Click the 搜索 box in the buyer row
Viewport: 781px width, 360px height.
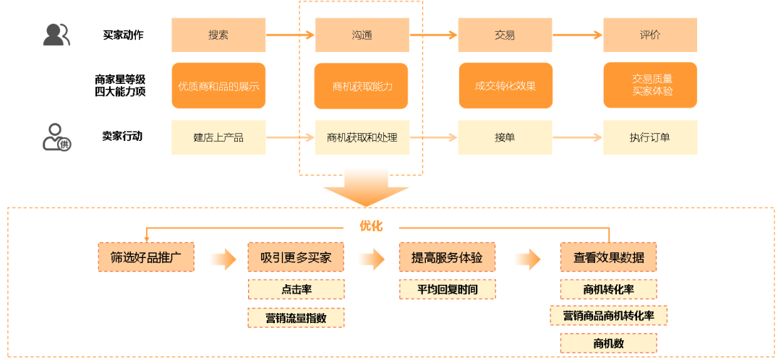click(x=218, y=35)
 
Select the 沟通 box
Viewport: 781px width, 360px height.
click(x=361, y=35)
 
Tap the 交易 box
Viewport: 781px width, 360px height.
click(x=505, y=35)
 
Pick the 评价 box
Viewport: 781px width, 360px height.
click(x=650, y=35)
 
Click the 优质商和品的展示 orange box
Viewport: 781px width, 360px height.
click(x=218, y=86)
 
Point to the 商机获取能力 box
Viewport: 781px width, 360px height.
click(x=361, y=86)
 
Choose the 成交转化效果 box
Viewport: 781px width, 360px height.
click(x=505, y=86)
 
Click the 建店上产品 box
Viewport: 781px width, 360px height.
click(x=218, y=137)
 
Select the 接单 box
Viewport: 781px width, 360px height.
click(x=505, y=137)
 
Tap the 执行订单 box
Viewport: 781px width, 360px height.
click(x=650, y=137)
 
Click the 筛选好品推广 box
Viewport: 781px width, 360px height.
click(x=146, y=257)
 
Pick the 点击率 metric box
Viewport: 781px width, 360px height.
click(x=296, y=289)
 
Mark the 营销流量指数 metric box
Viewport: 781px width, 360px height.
click(x=296, y=317)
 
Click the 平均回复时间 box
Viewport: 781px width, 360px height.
click(x=447, y=289)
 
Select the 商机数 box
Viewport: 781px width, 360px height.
click(x=608, y=343)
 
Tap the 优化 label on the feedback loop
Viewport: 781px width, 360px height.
click(x=371, y=226)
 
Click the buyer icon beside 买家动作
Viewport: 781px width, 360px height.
click(x=56, y=35)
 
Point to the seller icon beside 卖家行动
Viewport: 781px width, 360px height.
click(x=56, y=137)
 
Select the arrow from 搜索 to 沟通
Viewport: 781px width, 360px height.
click(x=290, y=35)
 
